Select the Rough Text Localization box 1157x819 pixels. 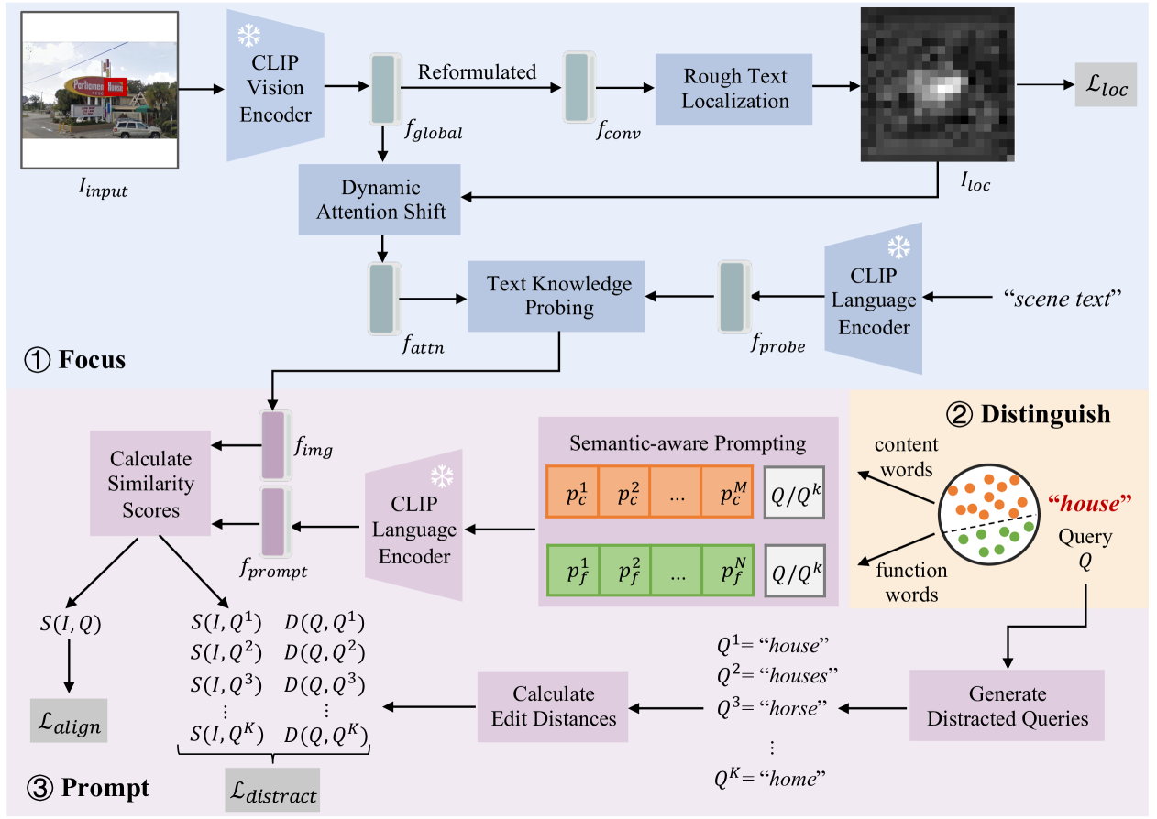(x=734, y=88)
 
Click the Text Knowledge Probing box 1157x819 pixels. (x=559, y=295)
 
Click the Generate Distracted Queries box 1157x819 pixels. (x=1007, y=706)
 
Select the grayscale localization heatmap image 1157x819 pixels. (x=937, y=86)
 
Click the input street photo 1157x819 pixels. (x=99, y=89)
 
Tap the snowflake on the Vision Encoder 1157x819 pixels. (x=249, y=36)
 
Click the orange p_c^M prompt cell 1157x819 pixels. (x=725, y=492)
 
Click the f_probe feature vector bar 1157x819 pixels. (x=733, y=296)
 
